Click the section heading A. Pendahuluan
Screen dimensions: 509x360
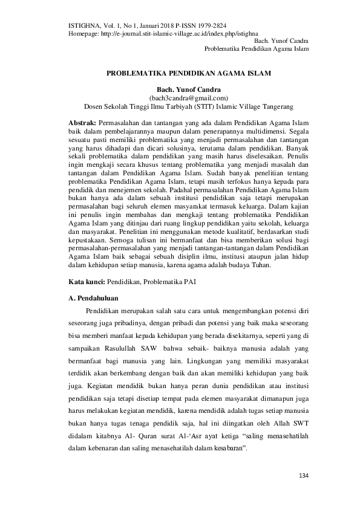(x=93, y=299)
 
